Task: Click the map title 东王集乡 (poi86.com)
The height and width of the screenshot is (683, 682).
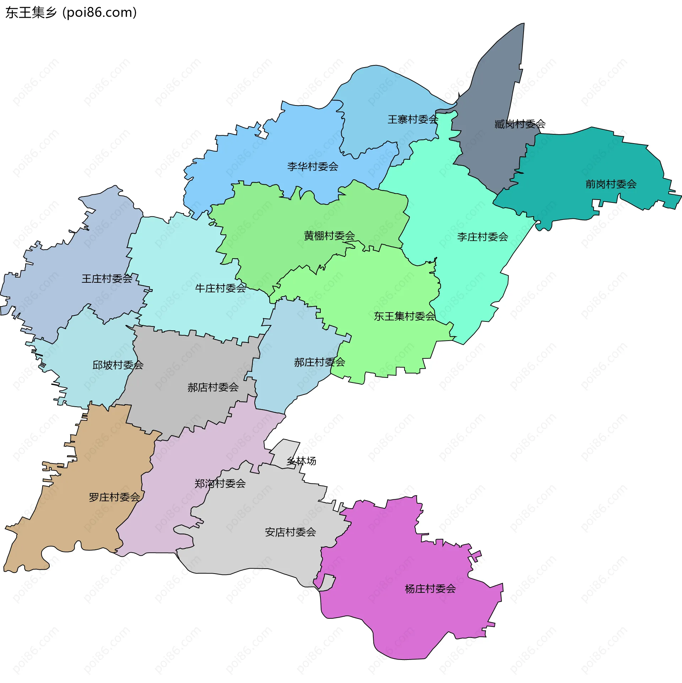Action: tap(71, 13)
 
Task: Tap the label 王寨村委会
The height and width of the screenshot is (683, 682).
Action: tap(413, 119)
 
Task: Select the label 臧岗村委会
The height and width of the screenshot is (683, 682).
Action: tap(520, 124)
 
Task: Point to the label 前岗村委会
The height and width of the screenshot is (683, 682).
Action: tap(611, 184)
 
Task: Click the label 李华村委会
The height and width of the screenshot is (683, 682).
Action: tap(313, 166)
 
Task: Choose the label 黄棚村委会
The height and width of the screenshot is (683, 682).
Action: tap(329, 235)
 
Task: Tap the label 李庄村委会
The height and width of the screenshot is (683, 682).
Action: tap(482, 237)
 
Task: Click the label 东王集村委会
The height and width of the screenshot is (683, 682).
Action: tap(404, 316)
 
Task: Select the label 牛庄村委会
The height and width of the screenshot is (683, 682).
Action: tap(220, 288)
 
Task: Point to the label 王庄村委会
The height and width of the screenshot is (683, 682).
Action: tap(107, 278)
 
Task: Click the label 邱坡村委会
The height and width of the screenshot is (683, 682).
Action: tap(118, 365)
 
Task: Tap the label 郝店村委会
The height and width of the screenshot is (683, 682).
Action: tap(213, 387)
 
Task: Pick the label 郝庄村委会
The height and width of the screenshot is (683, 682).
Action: tap(319, 362)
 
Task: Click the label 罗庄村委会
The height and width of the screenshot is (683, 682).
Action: tap(114, 497)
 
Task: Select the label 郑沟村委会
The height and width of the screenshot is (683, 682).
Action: tap(220, 483)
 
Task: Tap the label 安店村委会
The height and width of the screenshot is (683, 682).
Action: tap(290, 532)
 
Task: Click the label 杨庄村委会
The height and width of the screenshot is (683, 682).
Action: tap(430, 589)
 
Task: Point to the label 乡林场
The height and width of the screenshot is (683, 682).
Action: tap(301, 461)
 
